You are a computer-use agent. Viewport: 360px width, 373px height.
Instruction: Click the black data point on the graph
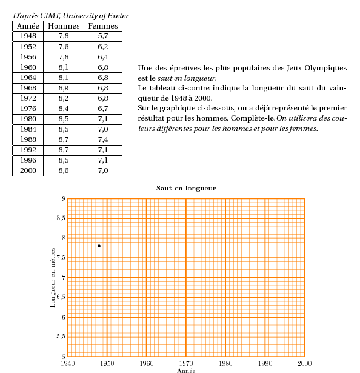[99, 246]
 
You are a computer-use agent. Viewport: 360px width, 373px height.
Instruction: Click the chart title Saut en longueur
[186, 189]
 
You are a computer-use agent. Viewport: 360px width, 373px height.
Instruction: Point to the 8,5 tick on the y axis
[61, 218]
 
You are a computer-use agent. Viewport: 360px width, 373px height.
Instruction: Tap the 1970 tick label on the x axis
[186, 363]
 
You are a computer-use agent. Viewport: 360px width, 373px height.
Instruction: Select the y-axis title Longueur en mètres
[52, 278]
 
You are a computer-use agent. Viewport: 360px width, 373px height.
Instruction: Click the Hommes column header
[64, 26]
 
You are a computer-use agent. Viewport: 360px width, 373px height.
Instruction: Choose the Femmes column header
[103, 26]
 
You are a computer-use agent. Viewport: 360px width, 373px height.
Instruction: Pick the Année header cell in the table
[28, 26]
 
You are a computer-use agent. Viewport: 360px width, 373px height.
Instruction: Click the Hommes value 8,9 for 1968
[64, 88]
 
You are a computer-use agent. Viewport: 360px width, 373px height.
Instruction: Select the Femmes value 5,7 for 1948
[103, 36]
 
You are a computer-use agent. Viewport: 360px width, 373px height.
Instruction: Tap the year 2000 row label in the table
[28, 170]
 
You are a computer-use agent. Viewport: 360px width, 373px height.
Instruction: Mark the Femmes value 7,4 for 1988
[103, 139]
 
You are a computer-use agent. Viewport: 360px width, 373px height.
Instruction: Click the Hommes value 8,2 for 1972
[64, 98]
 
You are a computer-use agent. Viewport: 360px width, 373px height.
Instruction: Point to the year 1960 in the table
[28, 67]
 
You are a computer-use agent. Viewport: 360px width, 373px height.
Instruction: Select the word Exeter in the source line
[118, 16]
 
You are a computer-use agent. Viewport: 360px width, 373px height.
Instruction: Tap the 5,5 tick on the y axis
[61, 337]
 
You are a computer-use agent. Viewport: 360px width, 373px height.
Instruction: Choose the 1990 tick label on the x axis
[265, 363]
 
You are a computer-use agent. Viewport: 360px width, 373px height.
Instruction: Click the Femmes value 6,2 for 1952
[103, 47]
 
